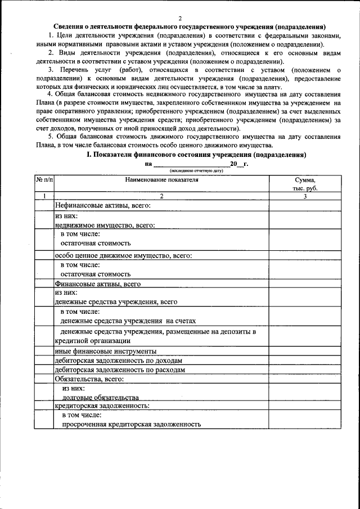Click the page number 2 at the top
(180, 18)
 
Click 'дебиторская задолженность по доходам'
(118, 361)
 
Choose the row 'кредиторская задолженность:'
(102, 405)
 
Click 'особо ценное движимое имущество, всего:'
(123, 255)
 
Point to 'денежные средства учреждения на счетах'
(128, 321)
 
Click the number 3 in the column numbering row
(304, 196)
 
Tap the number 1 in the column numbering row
(44, 196)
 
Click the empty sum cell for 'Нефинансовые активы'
(304, 206)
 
